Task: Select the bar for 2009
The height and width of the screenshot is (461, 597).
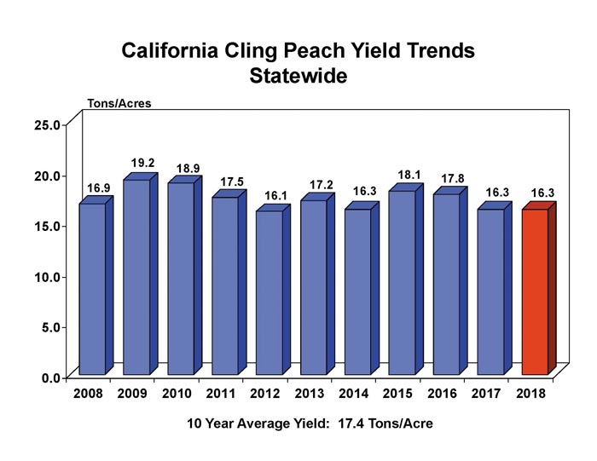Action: [136, 277]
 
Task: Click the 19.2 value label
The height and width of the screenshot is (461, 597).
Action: [142, 162]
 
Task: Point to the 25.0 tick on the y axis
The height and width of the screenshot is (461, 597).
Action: [46, 124]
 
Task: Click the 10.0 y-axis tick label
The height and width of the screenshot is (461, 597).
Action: [46, 276]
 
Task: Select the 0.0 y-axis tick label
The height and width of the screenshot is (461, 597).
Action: [49, 377]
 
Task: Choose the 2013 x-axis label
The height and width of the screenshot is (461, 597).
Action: [309, 395]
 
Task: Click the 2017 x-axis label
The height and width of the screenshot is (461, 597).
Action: [486, 395]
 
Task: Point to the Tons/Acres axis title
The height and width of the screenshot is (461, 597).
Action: [119, 104]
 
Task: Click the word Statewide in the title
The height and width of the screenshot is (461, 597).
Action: [298, 75]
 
